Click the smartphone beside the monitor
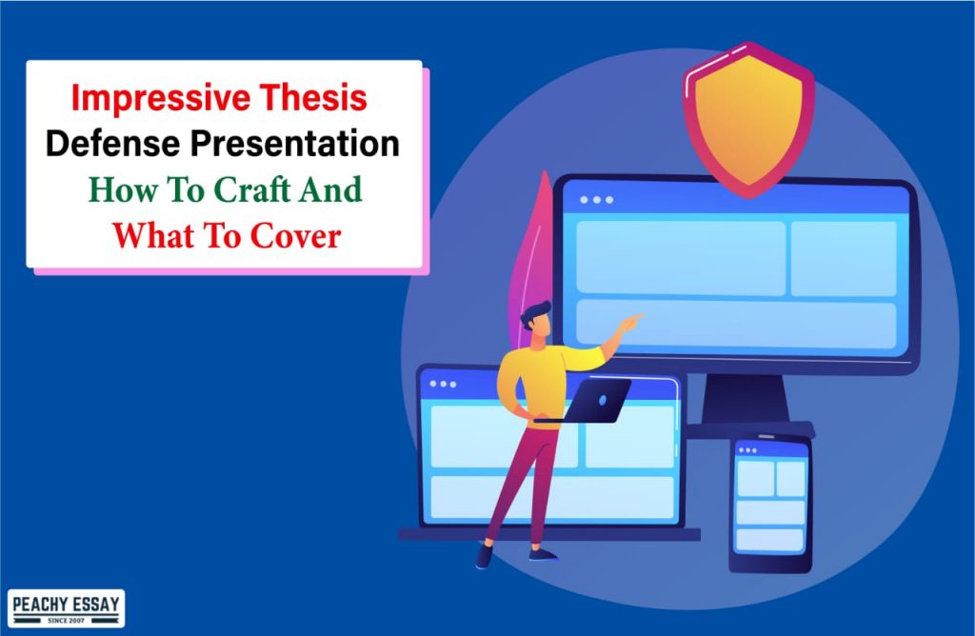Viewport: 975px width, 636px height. coord(769,505)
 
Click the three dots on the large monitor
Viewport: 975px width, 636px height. coord(596,200)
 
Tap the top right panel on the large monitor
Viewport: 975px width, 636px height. coord(843,258)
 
